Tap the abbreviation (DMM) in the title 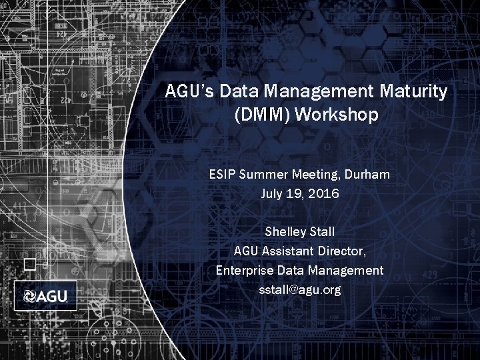click(x=263, y=115)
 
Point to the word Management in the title click(x=314, y=91)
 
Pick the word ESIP click(x=222, y=175)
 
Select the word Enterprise click(x=244, y=271)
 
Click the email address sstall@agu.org click(x=299, y=290)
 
